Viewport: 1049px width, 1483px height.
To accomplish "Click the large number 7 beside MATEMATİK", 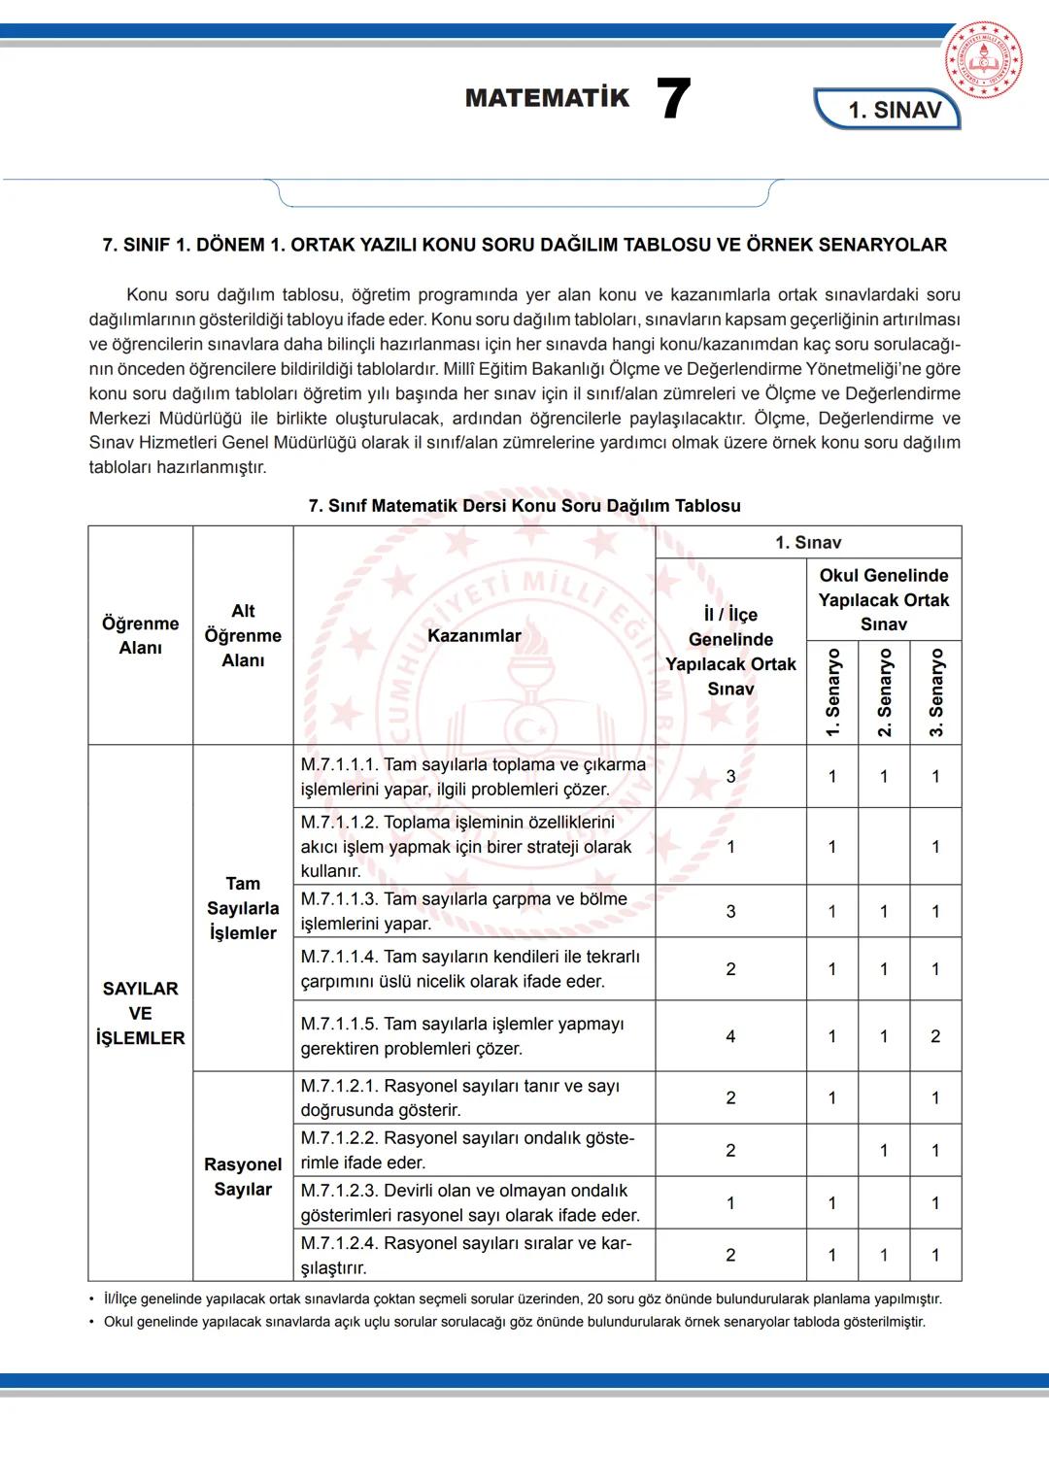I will click(x=673, y=99).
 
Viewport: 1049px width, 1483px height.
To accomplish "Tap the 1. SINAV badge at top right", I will click(x=893, y=110).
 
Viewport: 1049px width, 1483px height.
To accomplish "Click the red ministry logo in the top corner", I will click(x=983, y=60).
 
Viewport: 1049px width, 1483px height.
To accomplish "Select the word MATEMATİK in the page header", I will click(x=547, y=98).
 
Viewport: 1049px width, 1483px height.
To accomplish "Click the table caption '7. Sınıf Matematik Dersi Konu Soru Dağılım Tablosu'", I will click(x=524, y=506).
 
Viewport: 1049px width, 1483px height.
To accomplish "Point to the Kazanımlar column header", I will click(x=474, y=636).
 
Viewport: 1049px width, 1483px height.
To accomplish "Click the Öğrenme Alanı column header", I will click(x=141, y=636).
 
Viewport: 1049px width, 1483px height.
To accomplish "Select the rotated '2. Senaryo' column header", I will click(x=885, y=692).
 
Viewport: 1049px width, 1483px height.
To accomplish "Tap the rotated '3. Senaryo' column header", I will click(x=936, y=692).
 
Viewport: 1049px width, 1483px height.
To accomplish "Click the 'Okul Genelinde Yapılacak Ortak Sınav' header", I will click(x=883, y=600).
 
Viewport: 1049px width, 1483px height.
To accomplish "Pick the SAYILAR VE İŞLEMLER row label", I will click(x=141, y=1013).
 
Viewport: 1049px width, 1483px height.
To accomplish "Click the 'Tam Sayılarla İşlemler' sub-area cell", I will click(x=243, y=908).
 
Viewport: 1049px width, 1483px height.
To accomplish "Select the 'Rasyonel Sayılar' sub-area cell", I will click(x=243, y=1176).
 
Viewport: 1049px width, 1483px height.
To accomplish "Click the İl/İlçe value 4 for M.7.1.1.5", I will click(x=730, y=1036).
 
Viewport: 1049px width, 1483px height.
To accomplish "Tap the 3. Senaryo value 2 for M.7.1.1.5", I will click(x=935, y=1036).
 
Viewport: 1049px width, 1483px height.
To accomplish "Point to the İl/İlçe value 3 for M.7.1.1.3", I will click(x=730, y=912).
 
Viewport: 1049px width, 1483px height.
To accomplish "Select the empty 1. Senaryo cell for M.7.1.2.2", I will click(x=832, y=1151).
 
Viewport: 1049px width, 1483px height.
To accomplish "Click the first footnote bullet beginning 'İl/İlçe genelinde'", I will click(x=523, y=1299).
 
